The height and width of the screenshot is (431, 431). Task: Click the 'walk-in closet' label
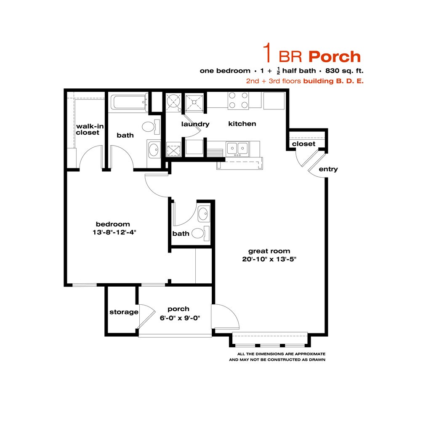[x=88, y=129]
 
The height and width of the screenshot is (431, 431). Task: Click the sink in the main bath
[x=154, y=149]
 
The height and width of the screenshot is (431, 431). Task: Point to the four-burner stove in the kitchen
[x=238, y=101]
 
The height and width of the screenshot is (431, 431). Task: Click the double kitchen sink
[x=237, y=148]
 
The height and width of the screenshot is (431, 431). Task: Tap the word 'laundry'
[x=195, y=124]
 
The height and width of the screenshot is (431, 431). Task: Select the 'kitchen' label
[x=242, y=124]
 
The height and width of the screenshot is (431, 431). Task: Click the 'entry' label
[x=328, y=169]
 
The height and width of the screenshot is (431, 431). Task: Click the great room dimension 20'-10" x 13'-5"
[x=269, y=259]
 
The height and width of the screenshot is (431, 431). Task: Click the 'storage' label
[x=124, y=312]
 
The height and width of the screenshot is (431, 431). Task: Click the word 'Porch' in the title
[x=335, y=56]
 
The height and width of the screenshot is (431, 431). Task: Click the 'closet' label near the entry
[x=303, y=144]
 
